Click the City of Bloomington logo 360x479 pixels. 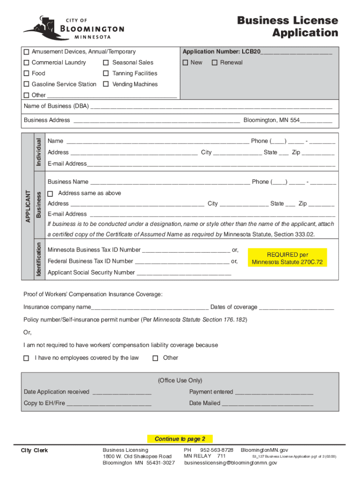(73, 28)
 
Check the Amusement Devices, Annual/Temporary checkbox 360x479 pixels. (27, 51)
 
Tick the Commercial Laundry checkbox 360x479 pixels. (27, 63)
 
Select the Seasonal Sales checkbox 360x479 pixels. (106, 63)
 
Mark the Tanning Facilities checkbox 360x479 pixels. (106, 73)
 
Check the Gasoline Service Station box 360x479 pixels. (27, 84)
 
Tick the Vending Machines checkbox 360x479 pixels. (106, 84)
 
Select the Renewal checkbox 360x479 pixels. (215, 63)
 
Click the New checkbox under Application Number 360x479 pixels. (185, 63)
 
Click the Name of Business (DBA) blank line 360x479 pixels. (210, 107)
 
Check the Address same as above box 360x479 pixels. (50, 193)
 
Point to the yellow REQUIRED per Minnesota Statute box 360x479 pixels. (288, 258)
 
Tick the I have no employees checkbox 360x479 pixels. (26, 358)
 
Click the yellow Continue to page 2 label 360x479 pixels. (180, 439)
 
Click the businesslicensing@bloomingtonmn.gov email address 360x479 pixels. (230, 463)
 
